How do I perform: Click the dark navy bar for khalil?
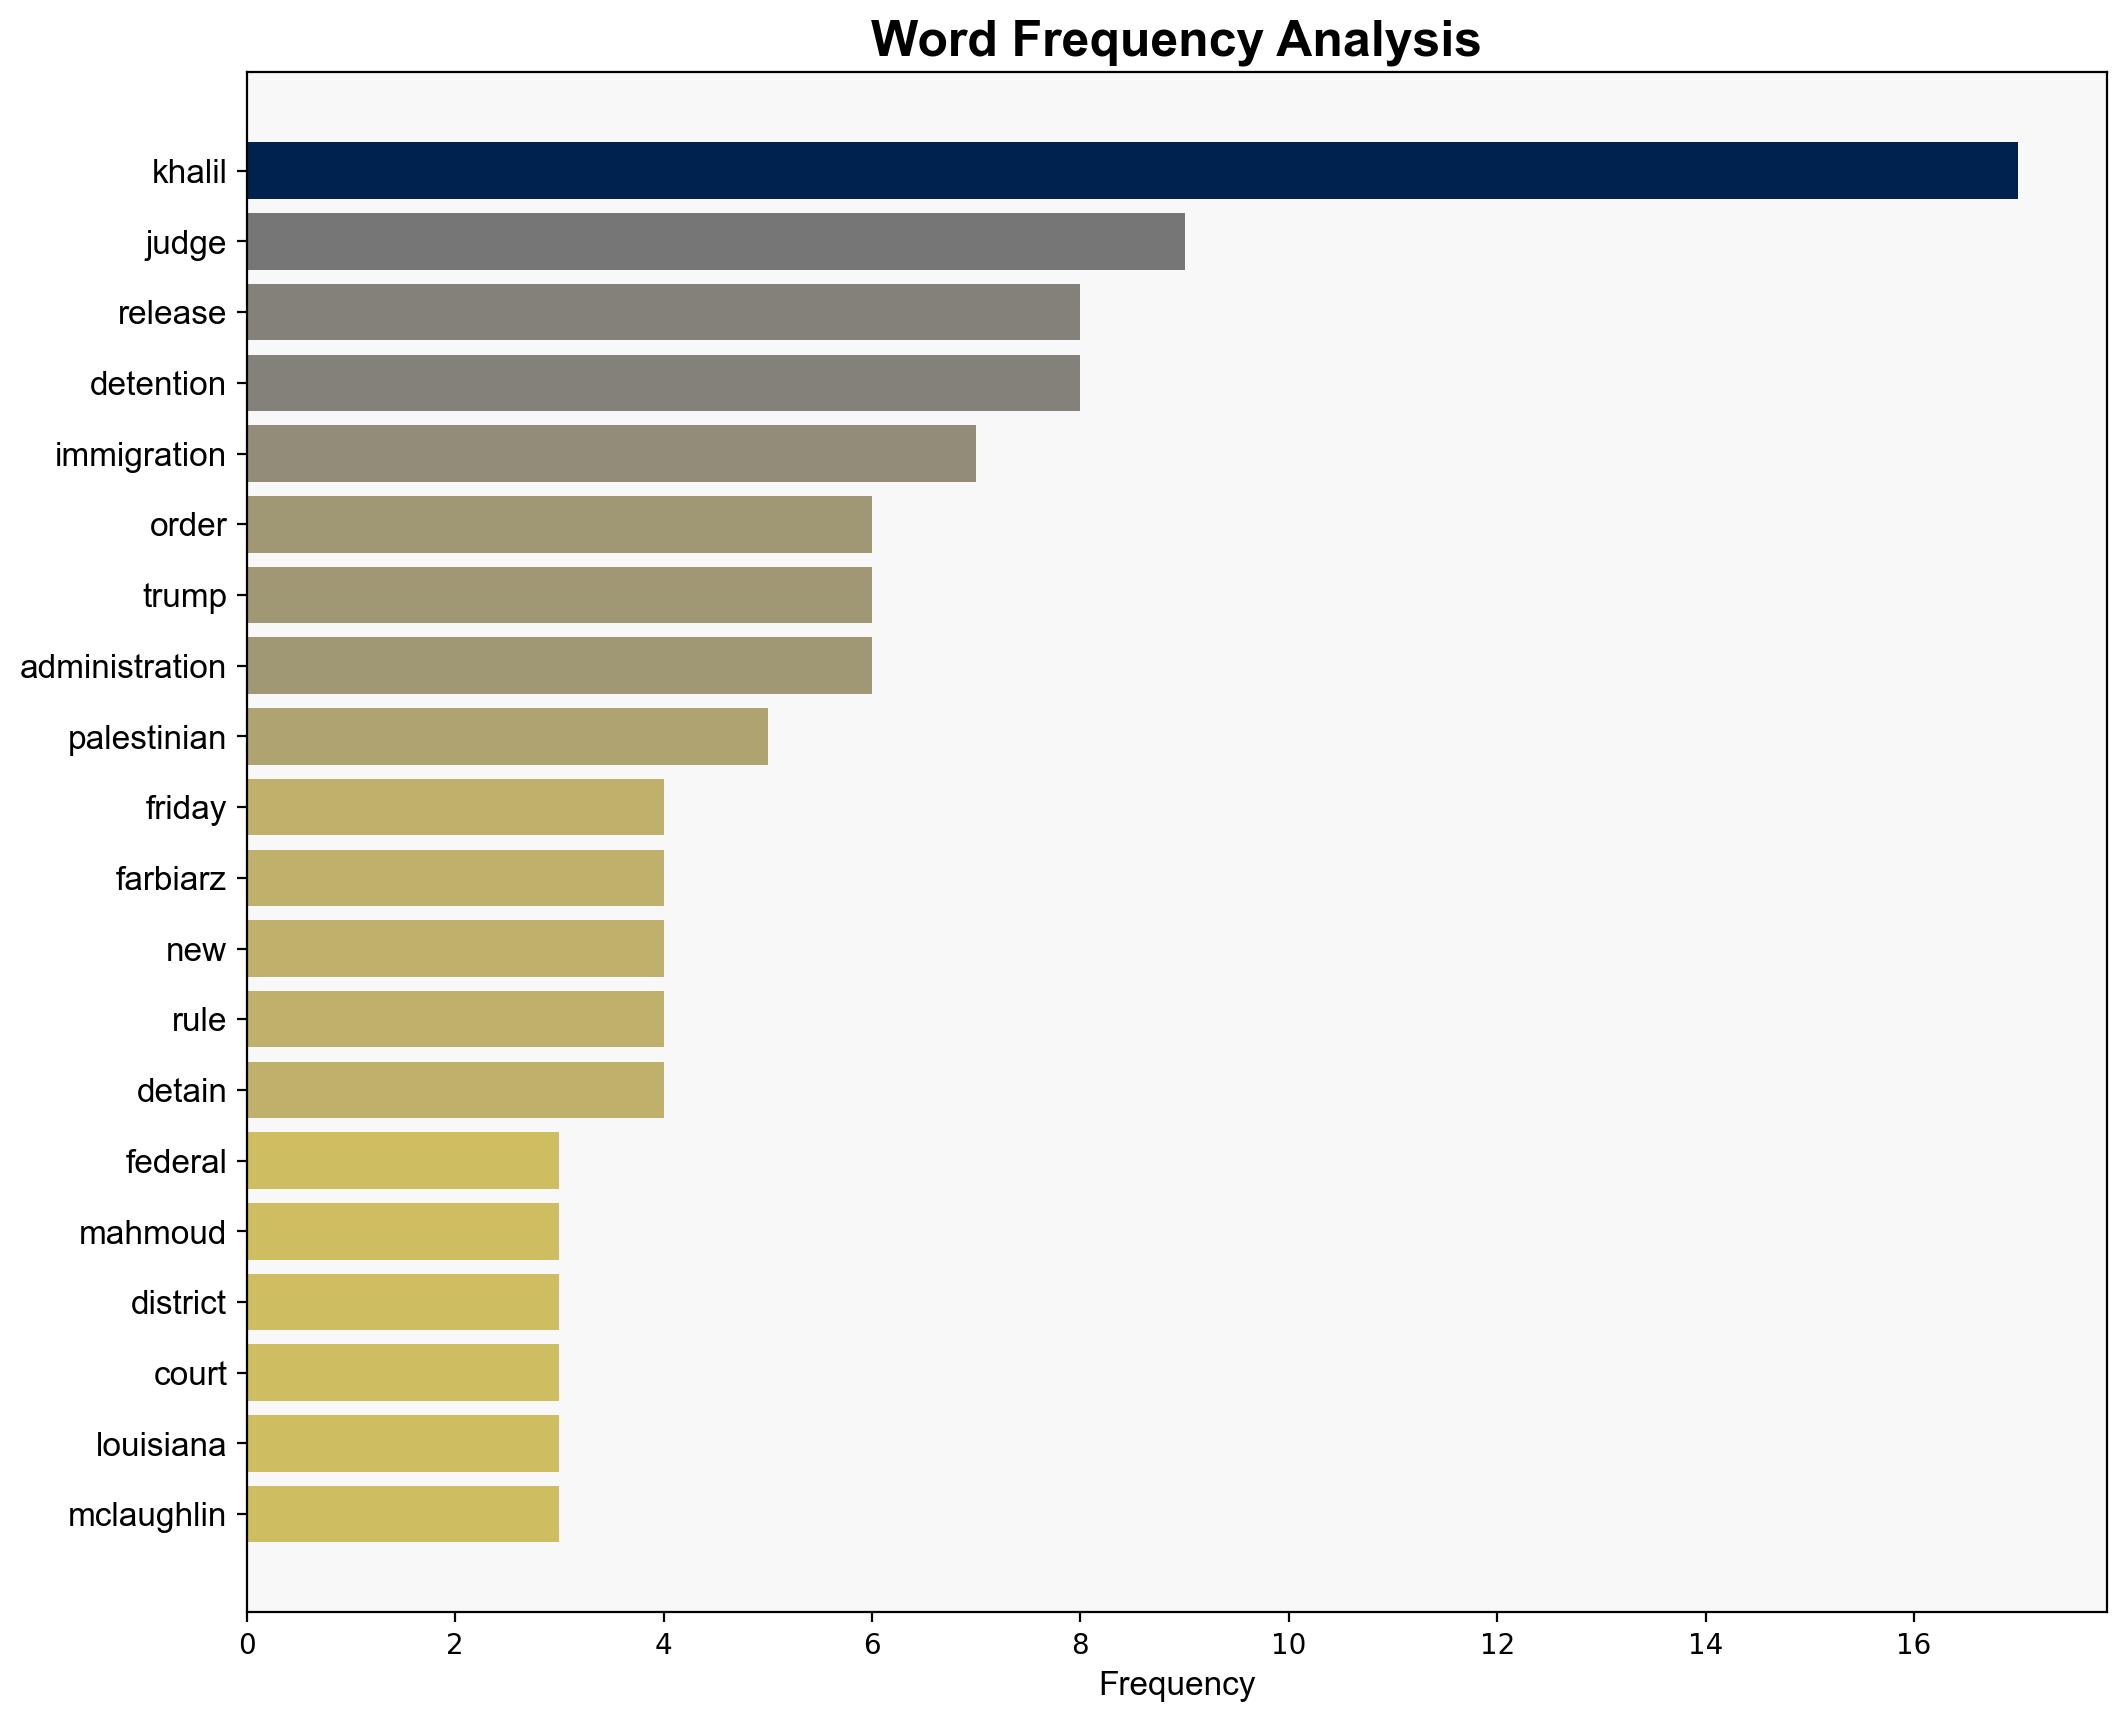pos(1131,171)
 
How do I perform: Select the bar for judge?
pos(715,242)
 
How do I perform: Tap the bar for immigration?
pos(611,454)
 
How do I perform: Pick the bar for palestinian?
pos(507,737)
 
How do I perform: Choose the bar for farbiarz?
pos(455,878)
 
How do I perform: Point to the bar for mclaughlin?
pos(403,1514)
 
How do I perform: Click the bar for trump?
pos(559,595)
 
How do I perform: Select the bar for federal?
pos(403,1161)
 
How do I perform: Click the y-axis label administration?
pos(123,667)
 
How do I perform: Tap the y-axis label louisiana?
pos(161,1445)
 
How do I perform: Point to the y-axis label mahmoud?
pos(152,1233)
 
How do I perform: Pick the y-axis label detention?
pos(157,384)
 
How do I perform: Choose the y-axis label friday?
pos(186,808)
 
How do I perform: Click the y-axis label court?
pos(190,1374)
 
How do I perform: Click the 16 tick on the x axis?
pos(1913,1645)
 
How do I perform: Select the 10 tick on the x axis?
pos(1288,1645)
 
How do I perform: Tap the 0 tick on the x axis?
pos(247,1645)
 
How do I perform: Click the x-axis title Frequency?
pos(1176,1685)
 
